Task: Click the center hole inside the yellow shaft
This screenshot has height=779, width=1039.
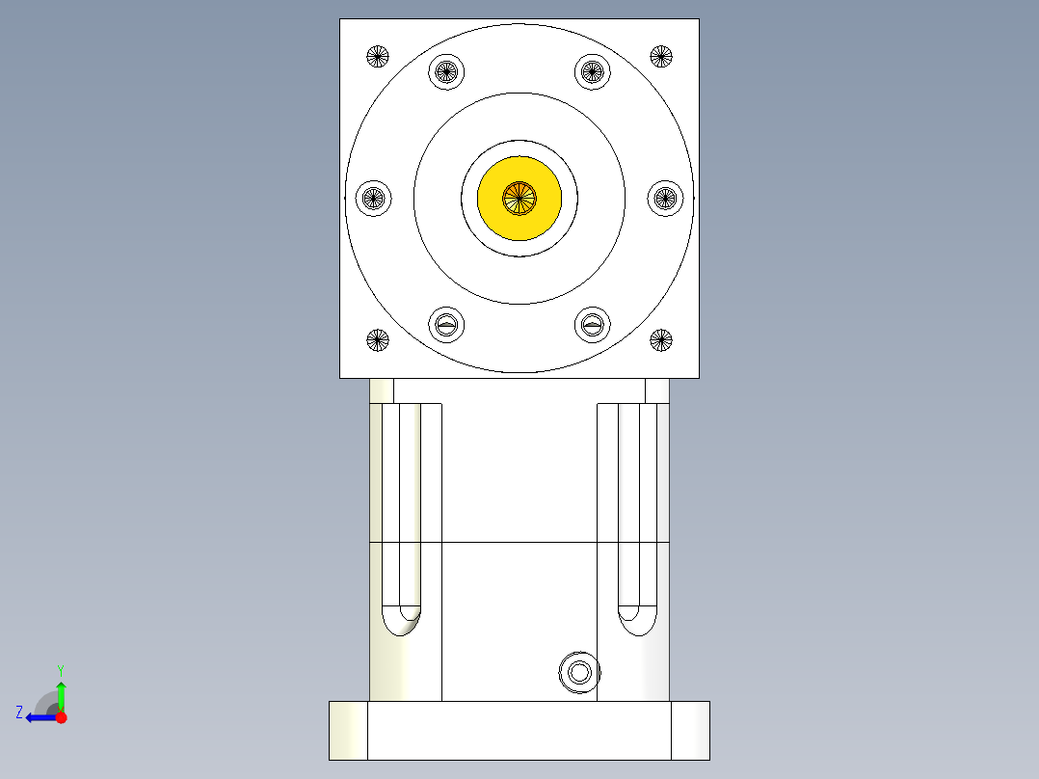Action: [519, 198]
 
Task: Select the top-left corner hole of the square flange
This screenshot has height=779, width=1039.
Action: [378, 56]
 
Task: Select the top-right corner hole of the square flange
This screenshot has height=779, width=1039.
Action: [660, 56]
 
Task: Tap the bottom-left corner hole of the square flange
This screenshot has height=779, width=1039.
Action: [378, 339]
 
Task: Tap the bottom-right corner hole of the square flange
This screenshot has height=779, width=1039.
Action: [660, 339]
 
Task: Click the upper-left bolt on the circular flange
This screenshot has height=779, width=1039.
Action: [445, 71]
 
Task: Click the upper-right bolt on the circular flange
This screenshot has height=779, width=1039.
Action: [593, 71]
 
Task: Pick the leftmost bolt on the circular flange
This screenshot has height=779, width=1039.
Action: [373, 199]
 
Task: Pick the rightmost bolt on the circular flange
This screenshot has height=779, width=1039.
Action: [664, 199]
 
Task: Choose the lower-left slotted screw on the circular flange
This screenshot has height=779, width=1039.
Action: [445, 325]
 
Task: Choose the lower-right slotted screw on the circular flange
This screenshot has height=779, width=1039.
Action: [593, 325]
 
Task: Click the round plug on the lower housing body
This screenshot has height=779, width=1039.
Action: [579, 672]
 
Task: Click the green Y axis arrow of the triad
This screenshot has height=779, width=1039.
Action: [61, 690]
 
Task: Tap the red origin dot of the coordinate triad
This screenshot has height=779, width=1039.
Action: [61, 717]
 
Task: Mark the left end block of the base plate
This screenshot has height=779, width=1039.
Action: [348, 730]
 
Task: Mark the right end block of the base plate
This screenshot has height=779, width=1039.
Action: [690, 730]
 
